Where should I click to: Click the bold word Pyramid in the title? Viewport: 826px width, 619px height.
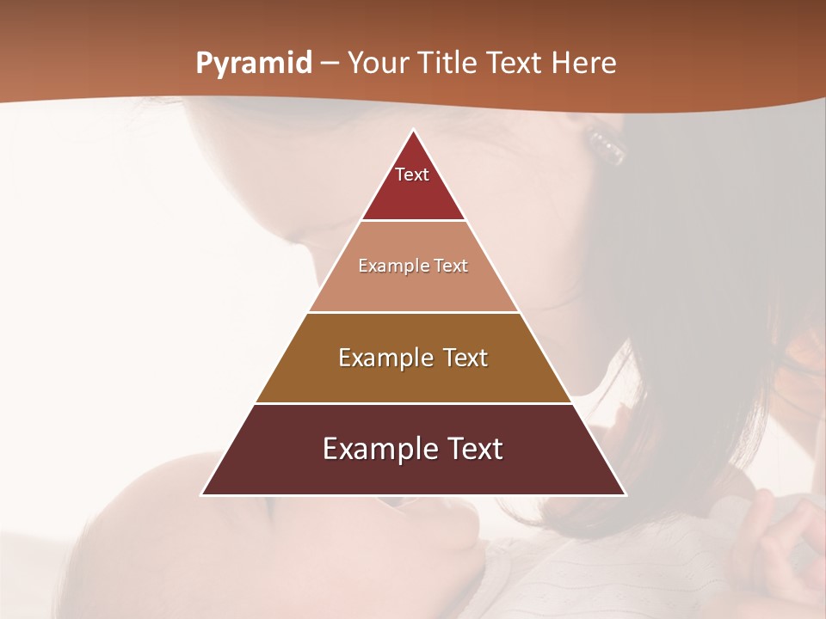pyautogui.click(x=253, y=64)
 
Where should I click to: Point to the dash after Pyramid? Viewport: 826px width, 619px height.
pyautogui.click(x=330, y=64)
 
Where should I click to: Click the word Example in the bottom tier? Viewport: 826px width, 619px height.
pyautogui.click(x=379, y=449)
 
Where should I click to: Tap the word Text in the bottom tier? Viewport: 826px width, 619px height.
pyautogui.click(x=472, y=449)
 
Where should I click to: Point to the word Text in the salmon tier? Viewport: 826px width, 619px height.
pyautogui.click(x=452, y=267)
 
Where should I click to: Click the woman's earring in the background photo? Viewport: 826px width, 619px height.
pyautogui.click(x=607, y=144)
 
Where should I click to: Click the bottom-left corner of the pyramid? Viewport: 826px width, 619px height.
pyautogui.click(x=203, y=493)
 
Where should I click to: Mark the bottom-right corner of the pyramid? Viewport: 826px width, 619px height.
pyautogui.click(x=625, y=493)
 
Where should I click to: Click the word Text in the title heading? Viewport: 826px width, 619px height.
pyautogui.click(x=514, y=64)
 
